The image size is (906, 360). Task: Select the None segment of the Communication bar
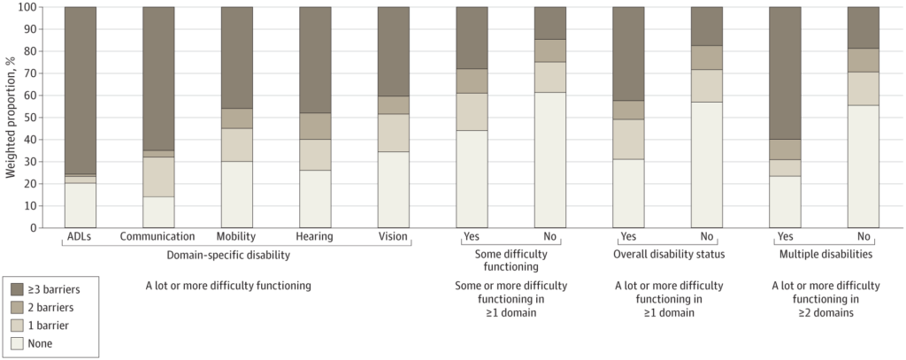[158, 211]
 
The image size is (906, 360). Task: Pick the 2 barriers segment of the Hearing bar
[315, 126]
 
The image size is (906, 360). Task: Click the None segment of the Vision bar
[394, 189]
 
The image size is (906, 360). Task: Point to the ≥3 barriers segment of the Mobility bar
[236, 57]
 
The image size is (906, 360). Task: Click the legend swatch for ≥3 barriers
[19, 287]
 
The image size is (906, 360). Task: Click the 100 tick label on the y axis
[26, 7]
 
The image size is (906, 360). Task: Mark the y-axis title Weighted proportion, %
[10, 118]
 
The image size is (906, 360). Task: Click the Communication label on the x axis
[158, 237]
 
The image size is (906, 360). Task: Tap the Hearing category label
[315, 237]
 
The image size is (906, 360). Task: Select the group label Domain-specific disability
[228, 255]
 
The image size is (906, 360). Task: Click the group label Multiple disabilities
[824, 255]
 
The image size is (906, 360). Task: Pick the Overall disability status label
[668, 255]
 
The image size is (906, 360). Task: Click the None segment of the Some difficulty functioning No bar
[550, 159]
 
